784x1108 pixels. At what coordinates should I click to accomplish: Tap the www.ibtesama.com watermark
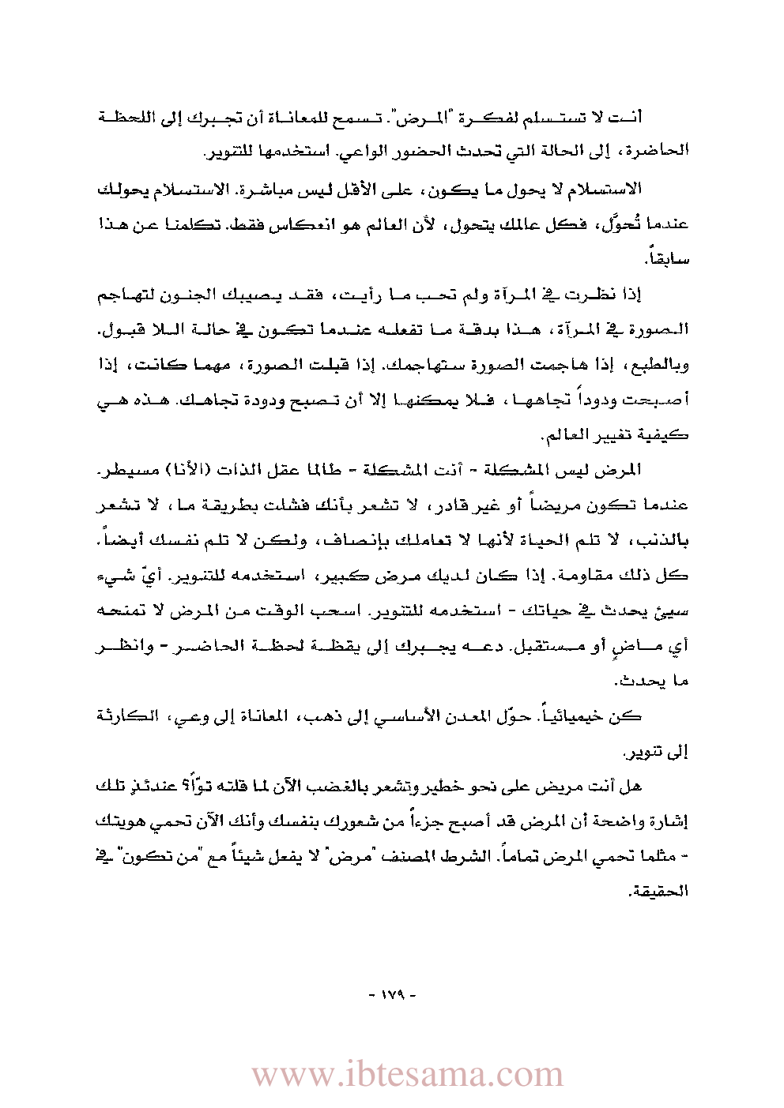407,1075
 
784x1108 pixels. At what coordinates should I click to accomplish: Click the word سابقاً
670,258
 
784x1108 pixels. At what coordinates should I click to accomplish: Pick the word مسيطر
122,470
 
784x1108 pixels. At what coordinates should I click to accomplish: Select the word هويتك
123,821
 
